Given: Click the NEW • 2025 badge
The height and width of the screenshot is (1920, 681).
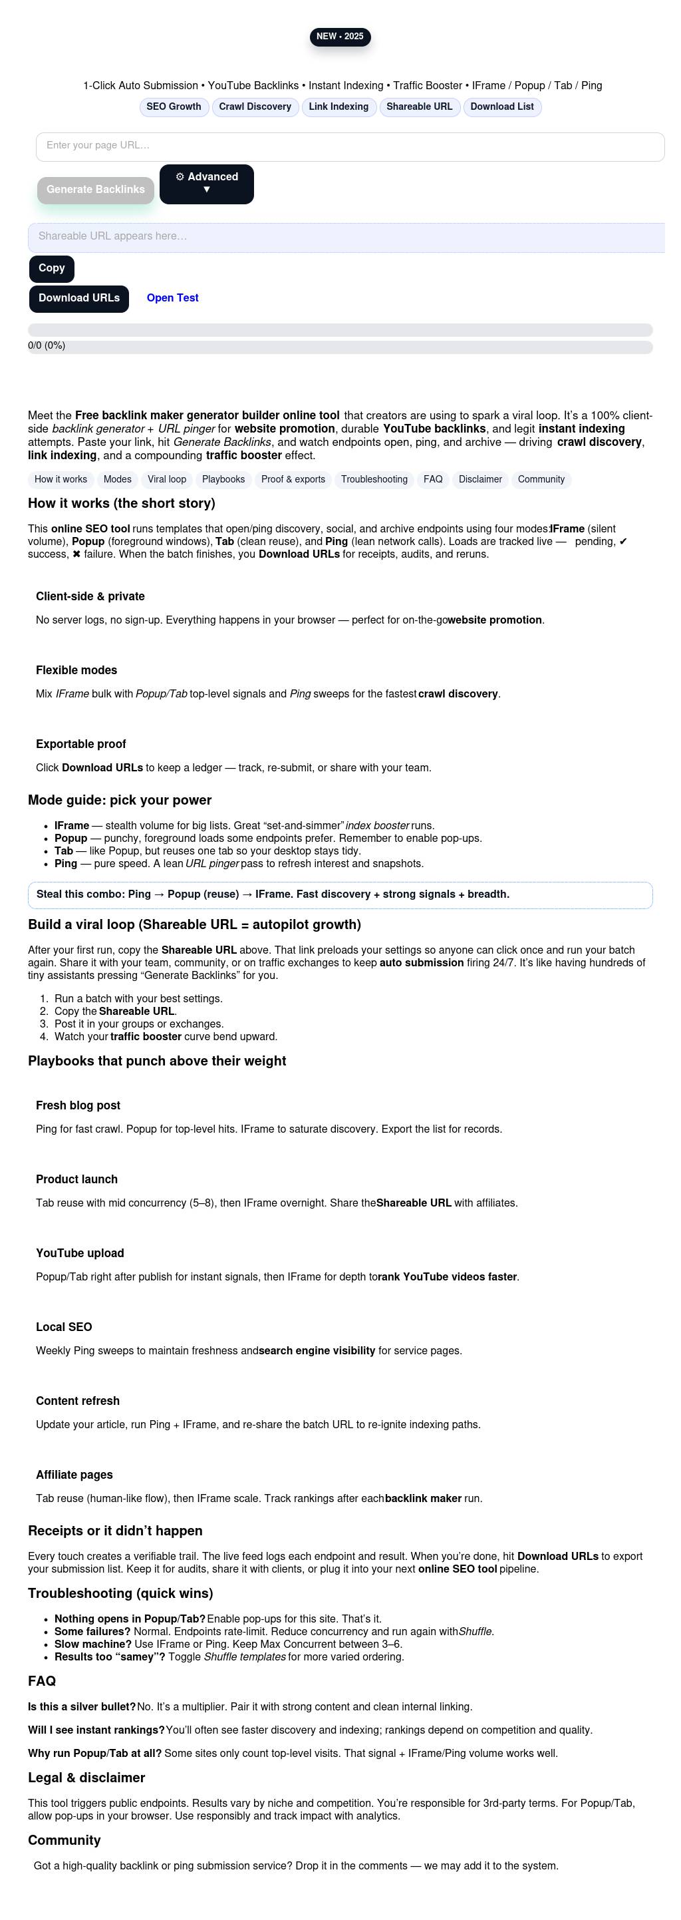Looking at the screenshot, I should point(340,37).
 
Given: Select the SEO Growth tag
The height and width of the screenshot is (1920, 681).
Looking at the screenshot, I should point(174,107).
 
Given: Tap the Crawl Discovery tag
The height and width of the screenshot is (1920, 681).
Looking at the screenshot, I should point(255,107).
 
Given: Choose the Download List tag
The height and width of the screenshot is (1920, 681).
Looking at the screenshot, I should point(501,107).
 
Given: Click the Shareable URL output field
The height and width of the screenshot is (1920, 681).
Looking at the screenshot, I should point(346,237).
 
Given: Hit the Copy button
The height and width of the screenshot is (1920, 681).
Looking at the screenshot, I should point(51,268).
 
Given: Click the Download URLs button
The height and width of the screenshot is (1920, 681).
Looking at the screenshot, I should point(79,298).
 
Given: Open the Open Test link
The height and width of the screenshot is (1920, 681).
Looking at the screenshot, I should point(172,298).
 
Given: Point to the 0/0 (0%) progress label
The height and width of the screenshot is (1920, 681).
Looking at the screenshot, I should point(46,346).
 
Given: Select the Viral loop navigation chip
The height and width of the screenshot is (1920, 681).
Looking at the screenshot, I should point(167,480).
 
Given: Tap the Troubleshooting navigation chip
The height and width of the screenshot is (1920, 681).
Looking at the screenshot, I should point(374,480).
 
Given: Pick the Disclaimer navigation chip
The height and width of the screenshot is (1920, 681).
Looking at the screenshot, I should point(480,480).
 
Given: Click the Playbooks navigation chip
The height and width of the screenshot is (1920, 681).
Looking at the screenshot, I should point(223,480).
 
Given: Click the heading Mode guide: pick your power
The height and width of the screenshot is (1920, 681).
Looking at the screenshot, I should point(119,801).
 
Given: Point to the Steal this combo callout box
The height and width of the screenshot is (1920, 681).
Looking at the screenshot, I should point(340,895).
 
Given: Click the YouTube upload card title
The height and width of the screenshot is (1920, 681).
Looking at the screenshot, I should point(80,1254).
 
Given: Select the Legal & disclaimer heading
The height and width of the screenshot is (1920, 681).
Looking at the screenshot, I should point(86,1778).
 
